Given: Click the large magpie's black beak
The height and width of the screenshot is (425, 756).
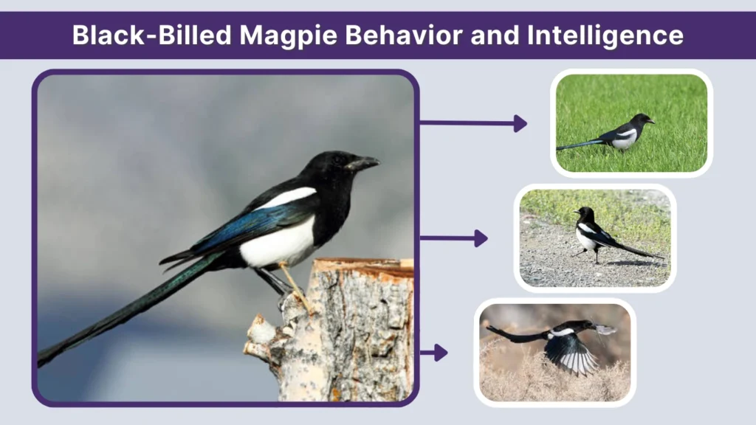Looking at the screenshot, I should (365, 163).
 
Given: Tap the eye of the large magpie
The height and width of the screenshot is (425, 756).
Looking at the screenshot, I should (338, 159).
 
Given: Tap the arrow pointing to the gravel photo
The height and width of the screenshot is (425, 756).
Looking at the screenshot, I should (453, 238).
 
